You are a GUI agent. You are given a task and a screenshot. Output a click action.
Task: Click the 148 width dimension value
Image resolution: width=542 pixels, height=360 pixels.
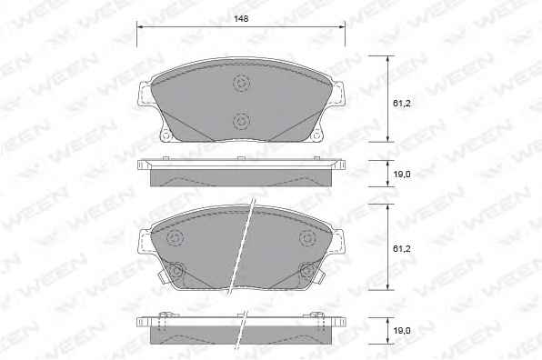coord(241,19)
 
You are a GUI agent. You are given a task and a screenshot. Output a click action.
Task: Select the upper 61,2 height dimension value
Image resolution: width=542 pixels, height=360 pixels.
coord(402,103)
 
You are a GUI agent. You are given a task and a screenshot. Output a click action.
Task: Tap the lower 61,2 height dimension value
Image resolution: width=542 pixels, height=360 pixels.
coord(402,248)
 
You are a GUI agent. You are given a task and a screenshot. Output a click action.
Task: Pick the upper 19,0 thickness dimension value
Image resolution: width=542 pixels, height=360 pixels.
coord(402,175)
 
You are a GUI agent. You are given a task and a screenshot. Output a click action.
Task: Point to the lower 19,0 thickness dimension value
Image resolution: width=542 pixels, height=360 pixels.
coord(402,331)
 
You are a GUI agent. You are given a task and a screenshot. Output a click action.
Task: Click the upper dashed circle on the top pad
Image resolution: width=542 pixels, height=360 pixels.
coord(241,83)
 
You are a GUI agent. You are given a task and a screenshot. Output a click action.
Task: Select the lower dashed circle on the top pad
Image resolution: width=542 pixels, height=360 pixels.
coord(241,121)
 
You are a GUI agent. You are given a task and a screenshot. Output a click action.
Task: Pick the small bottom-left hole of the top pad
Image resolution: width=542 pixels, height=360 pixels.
coord(166,136)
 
